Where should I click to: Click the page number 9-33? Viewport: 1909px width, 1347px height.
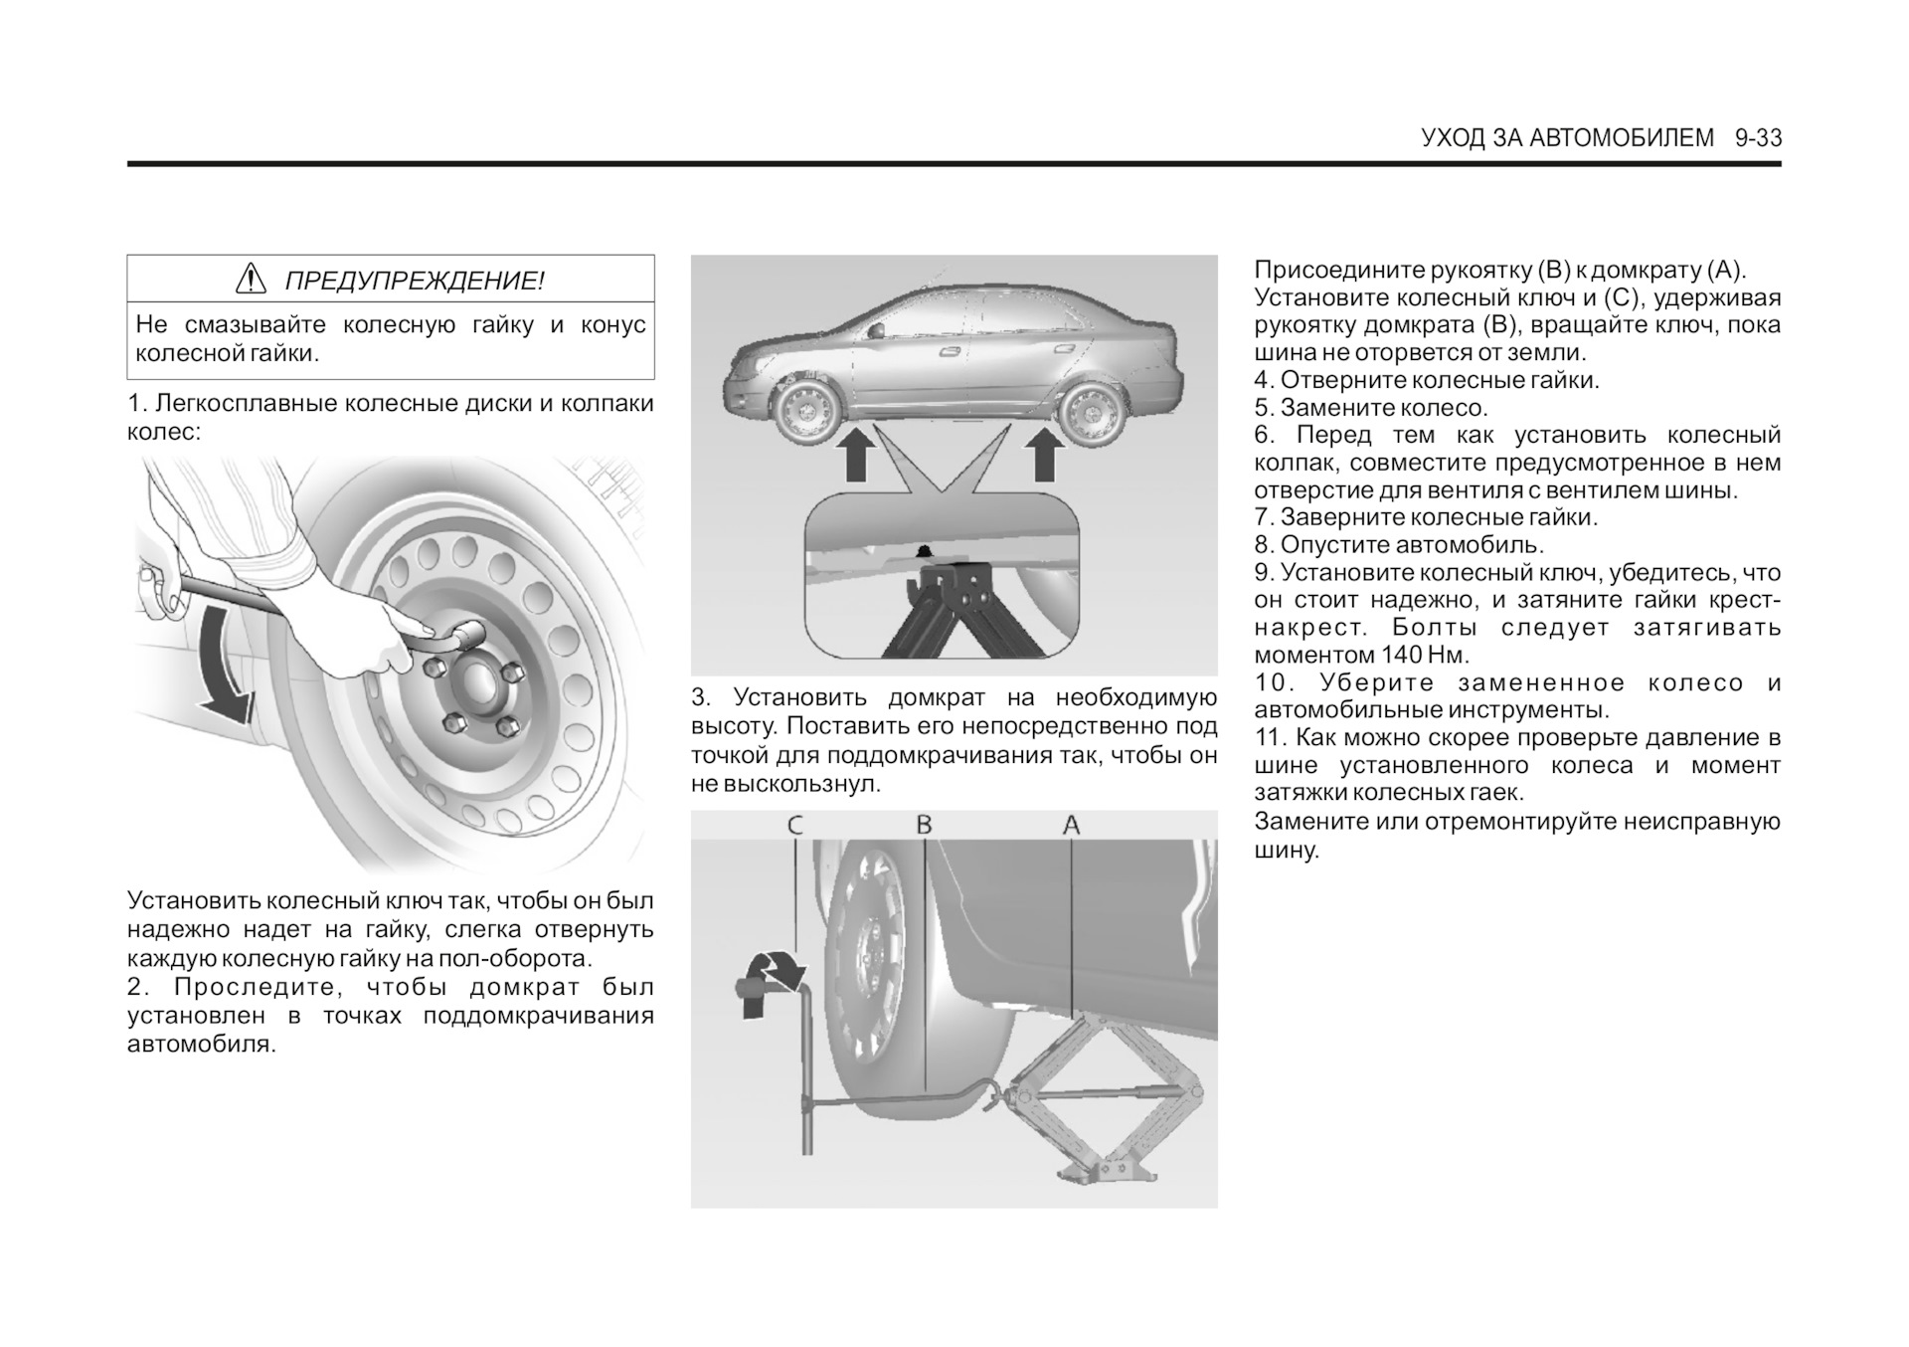tap(1758, 138)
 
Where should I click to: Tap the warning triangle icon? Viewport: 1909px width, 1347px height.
tap(251, 279)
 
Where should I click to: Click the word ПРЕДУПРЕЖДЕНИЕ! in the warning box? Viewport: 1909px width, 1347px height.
tap(415, 281)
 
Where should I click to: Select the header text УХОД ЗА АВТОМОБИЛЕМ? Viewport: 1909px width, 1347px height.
tap(1568, 138)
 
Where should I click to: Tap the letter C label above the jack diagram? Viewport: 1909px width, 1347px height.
tap(795, 825)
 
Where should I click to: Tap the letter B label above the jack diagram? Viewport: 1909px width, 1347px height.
tap(924, 825)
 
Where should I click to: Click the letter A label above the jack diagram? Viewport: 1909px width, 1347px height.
tap(1071, 825)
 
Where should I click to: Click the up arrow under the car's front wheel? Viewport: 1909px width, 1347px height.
tap(857, 454)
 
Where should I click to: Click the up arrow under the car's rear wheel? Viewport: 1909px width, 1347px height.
tap(1043, 454)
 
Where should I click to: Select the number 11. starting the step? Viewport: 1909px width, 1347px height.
tap(1272, 738)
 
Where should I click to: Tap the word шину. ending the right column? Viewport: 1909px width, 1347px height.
tap(1287, 850)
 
